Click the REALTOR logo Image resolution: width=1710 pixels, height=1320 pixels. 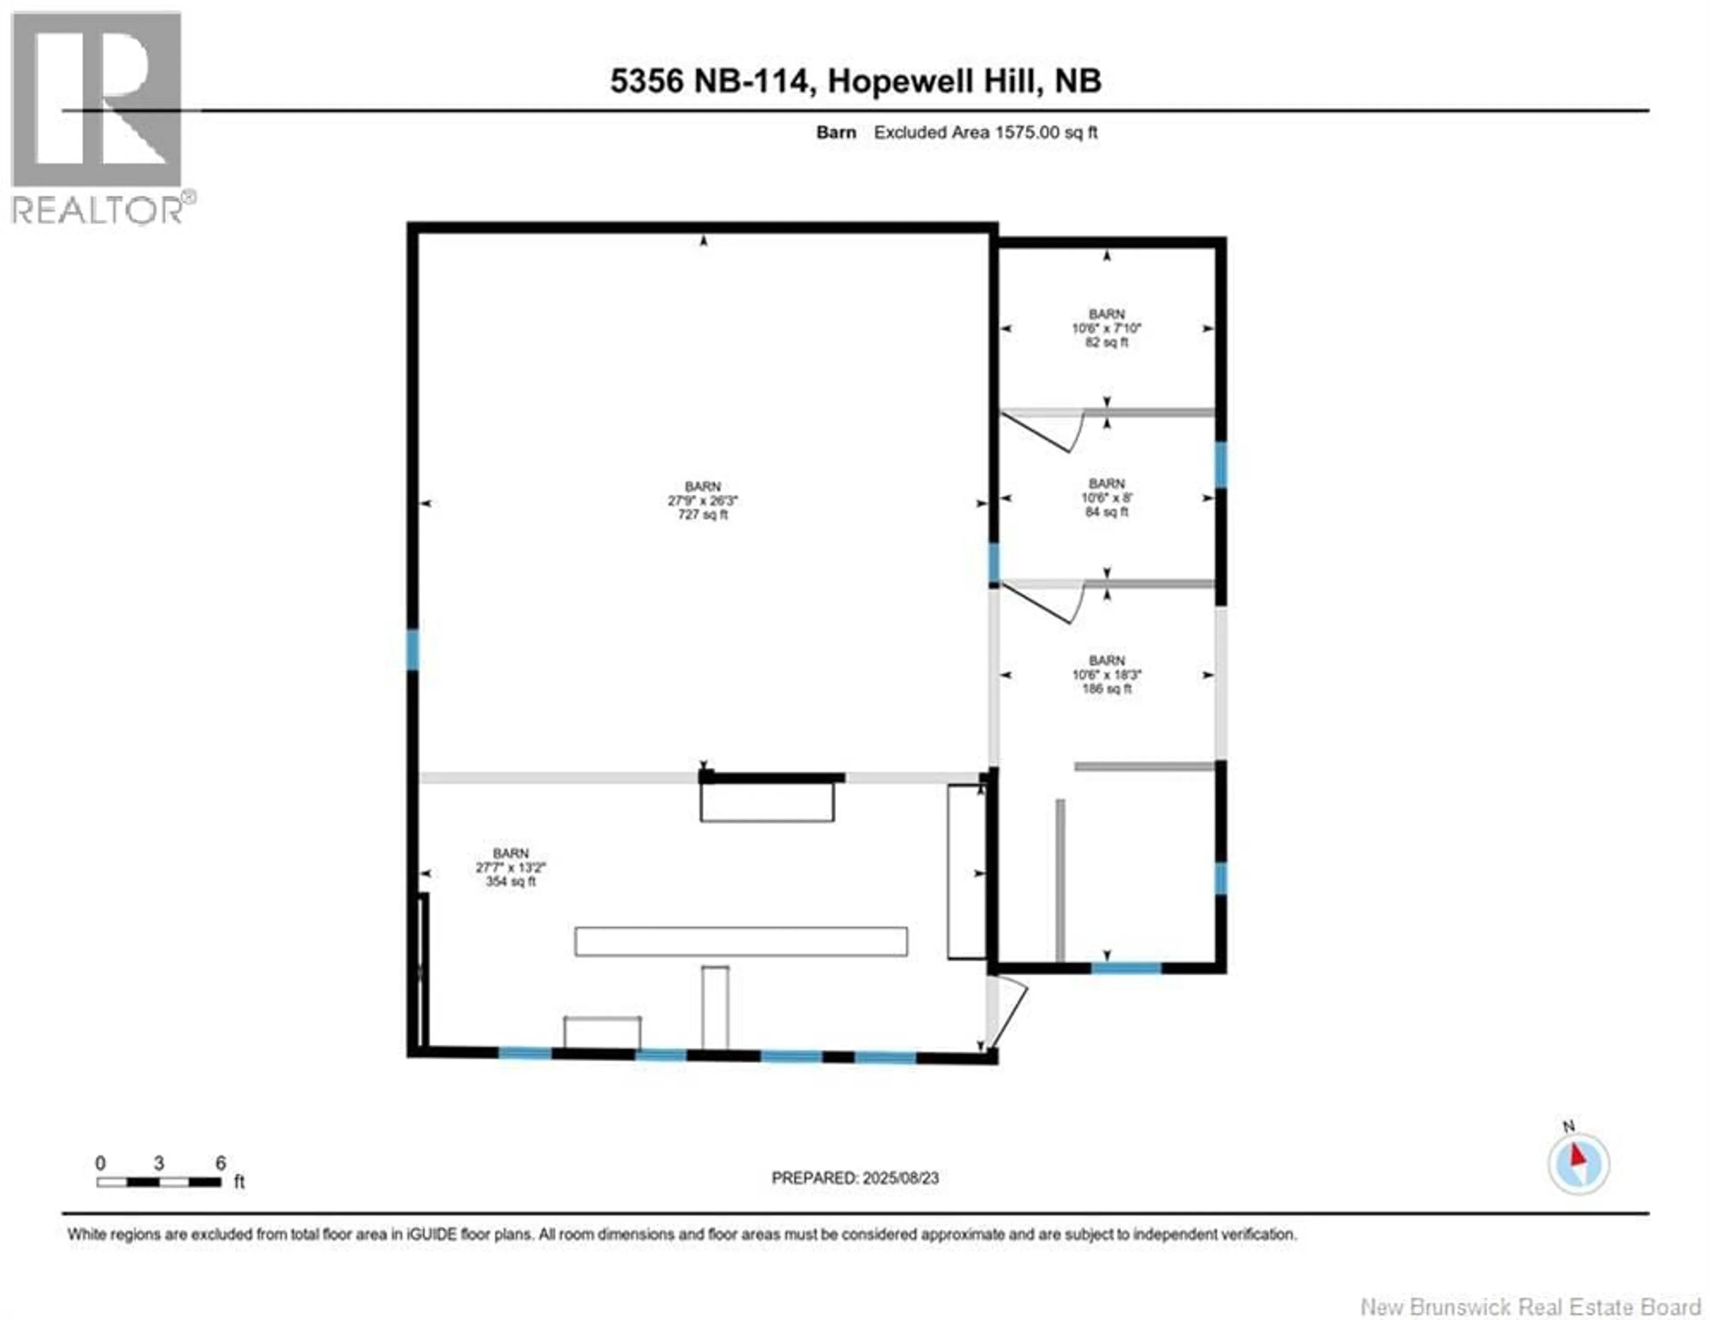98,118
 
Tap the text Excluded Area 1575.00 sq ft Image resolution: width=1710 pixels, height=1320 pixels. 985,132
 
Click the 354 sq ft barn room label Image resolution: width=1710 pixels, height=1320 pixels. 510,868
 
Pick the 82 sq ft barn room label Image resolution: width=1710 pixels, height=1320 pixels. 1106,328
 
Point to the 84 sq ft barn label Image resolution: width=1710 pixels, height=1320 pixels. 1106,498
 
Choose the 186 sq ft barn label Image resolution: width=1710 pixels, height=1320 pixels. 1106,675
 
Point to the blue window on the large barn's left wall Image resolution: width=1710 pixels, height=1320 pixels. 413,650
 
